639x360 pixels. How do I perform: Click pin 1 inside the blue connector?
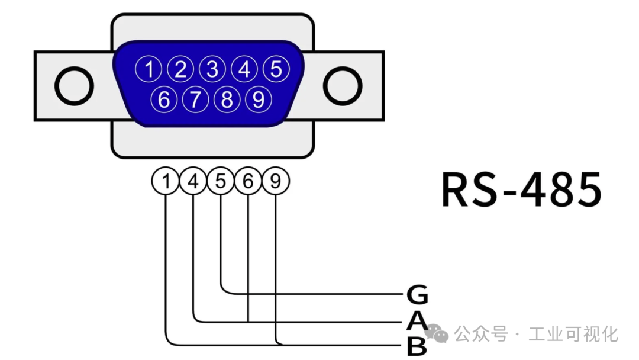150,70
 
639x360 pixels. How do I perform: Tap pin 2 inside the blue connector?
181,70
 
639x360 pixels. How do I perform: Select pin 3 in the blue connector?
212,70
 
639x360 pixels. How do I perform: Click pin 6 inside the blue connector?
164,99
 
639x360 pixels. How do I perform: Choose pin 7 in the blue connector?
195,99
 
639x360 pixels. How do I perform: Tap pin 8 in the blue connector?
227,99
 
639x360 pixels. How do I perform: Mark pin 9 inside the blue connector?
258,99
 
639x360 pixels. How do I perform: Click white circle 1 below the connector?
166,182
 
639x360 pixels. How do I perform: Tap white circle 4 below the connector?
193,182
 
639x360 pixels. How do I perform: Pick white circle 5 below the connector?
221,182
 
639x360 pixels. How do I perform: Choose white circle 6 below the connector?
248,182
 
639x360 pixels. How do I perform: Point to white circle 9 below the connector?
275,182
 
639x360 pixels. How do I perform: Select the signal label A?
417,321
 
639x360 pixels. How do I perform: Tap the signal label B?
417,347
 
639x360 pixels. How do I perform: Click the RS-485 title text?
521,189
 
